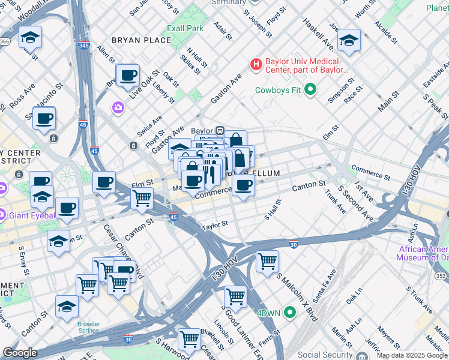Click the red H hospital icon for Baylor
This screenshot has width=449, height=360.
click(256, 64)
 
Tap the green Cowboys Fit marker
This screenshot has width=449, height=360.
click(310, 91)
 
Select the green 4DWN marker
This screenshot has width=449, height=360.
click(291, 312)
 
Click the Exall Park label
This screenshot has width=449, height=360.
click(185, 28)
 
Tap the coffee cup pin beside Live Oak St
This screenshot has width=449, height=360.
click(128, 76)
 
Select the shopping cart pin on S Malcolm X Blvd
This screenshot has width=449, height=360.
click(267, 261)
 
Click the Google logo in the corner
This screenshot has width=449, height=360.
click(20, 353)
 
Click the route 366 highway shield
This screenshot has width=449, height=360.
click(5, 41)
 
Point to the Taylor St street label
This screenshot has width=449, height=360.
click(215, 224)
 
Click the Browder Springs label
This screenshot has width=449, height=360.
click(89, 328)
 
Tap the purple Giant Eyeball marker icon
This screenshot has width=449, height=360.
click(2, 214)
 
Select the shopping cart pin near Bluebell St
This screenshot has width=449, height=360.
click(190, 339)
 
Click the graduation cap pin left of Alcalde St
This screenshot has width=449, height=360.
click(348, 41)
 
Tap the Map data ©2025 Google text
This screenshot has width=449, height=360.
click(412, 355)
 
